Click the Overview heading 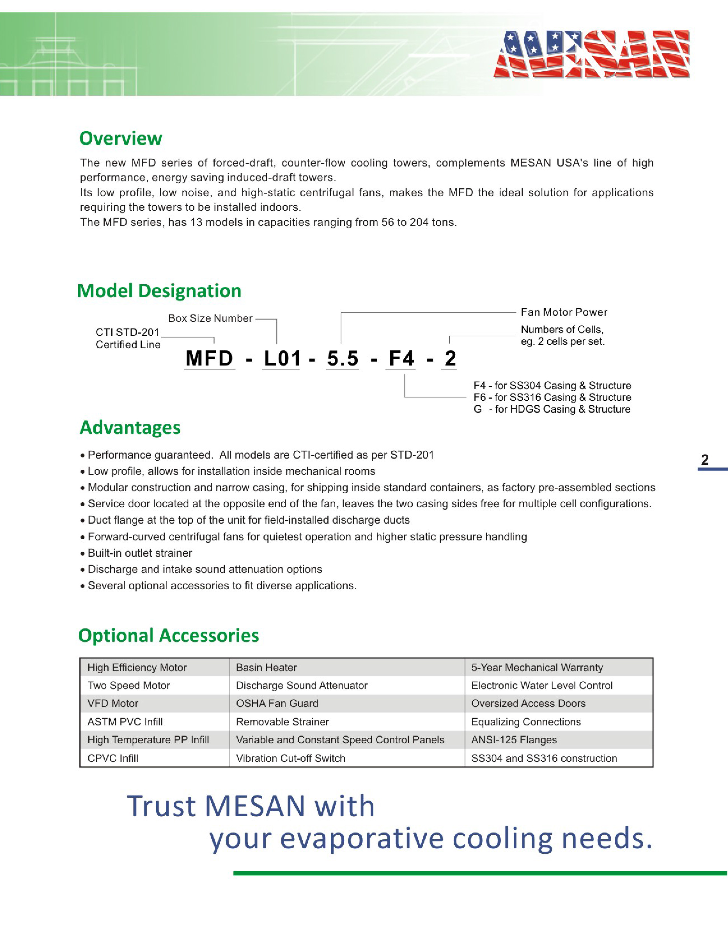[x=121, y=138]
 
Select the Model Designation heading [x=159, y=291]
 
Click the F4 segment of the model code [x=401, y=359]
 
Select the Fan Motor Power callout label [x=564, y=312]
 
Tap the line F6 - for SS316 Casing [x=552, y=397]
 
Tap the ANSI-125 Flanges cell [x=514, y=740]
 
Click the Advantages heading [x=130, y=427]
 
